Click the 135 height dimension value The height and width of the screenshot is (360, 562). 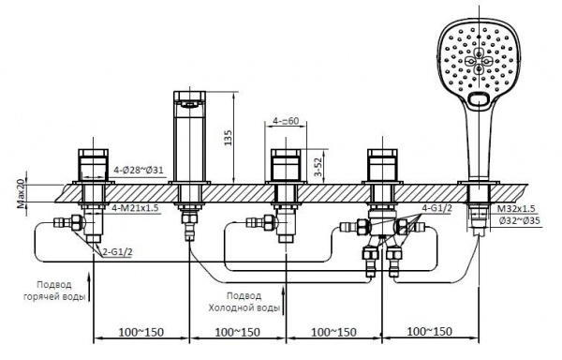(228, 138)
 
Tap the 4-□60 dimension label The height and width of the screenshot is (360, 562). (286, 121)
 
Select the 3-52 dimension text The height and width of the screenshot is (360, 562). (318, 167)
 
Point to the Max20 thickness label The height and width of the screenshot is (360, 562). (22, 194)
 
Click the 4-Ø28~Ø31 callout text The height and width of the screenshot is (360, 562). (139, 170)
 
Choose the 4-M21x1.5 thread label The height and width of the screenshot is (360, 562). (135, 207)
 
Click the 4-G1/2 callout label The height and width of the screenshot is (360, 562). (436, 208)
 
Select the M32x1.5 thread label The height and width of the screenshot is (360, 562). (516, 209)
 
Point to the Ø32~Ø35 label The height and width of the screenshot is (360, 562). (519, 221)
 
